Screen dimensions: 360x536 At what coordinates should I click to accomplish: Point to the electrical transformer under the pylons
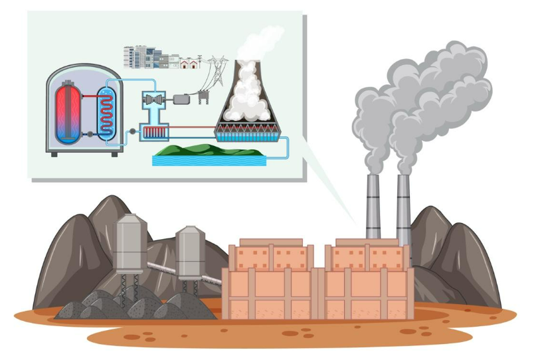point(203,98)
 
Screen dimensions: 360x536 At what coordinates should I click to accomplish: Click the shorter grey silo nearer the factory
point(190,250)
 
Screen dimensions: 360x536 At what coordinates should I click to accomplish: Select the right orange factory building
point(367,279)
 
